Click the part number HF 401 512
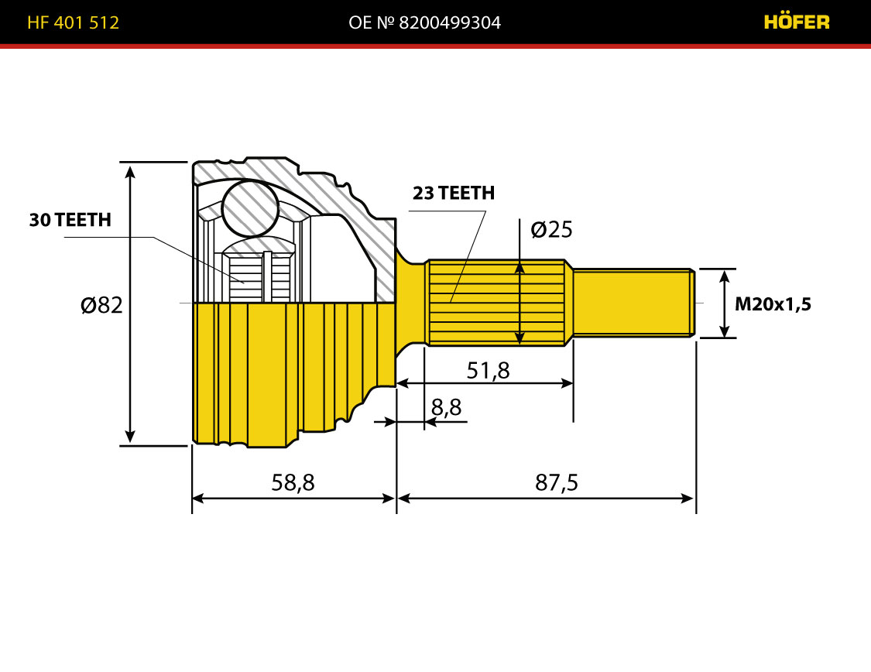74,22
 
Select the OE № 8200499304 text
424,22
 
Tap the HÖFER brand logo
797,22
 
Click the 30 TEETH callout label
70,220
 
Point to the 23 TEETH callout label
453,193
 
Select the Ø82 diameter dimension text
101,305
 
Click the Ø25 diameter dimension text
551,229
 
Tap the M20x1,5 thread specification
773,303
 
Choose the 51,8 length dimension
488,370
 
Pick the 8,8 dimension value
446,407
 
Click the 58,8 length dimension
293,482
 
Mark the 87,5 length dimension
557,482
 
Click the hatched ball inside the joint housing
250,207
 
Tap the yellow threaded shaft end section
634,303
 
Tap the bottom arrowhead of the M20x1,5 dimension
725,331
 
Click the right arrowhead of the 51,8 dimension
566,383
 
